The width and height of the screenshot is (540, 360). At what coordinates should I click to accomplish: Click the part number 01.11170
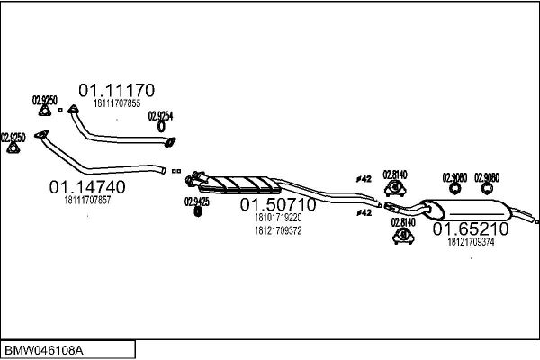point(117,91)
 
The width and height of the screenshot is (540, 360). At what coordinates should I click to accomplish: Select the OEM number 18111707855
point(117,104)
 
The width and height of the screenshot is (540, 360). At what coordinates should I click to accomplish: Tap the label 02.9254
point(160,116)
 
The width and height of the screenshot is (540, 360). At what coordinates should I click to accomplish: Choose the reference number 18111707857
point(87,200)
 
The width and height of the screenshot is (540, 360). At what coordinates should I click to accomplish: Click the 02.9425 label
point(197,202)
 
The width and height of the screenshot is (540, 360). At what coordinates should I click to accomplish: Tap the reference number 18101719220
point(278,218)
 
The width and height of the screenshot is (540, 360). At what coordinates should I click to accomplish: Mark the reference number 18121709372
point(278,230)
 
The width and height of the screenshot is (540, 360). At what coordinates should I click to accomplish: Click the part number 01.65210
point(471,229)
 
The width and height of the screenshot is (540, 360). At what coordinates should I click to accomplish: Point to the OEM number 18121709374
point(470,242)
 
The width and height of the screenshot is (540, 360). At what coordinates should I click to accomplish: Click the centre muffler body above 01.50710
point(238,184)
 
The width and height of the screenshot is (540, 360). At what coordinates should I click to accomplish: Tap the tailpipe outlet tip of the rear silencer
point(535,221)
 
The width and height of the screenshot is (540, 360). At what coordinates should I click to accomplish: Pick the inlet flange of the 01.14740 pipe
point(40,137)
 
